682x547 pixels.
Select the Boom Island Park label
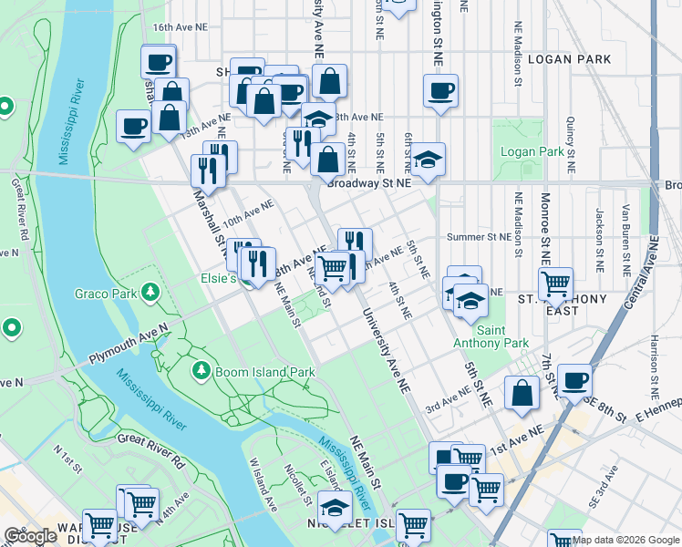pyautogui.click(x=264, y=372)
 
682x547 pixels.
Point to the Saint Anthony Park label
pyautogui.click(x=491, y=336)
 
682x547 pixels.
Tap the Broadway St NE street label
pyautogui.click(x=369, y=182)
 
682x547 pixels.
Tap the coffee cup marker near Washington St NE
pyautogui.click(x=440, y=91)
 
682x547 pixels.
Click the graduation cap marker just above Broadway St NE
pyautogui.click(x=428, y=160)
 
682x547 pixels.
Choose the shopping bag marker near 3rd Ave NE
pyautogui.click(x=522, y=394)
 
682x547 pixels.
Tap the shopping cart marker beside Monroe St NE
pyautogui.click(x=554, y=284)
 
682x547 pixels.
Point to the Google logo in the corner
pyautogui.click(x=29, y=536)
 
